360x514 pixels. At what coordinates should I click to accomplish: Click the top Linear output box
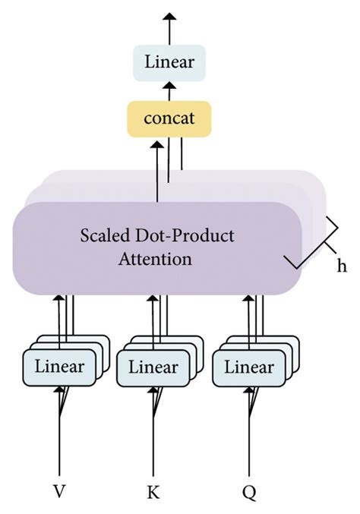168,62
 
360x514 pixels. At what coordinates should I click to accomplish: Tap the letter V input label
58,492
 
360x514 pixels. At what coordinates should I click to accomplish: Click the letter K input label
153,492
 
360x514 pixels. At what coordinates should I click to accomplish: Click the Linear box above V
58,367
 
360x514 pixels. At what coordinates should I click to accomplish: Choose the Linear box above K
153,367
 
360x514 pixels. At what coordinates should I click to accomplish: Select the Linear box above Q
248,367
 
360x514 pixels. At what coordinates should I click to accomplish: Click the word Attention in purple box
156,259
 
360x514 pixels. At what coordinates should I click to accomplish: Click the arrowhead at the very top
169,15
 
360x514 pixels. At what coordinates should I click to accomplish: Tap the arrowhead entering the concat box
157,145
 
